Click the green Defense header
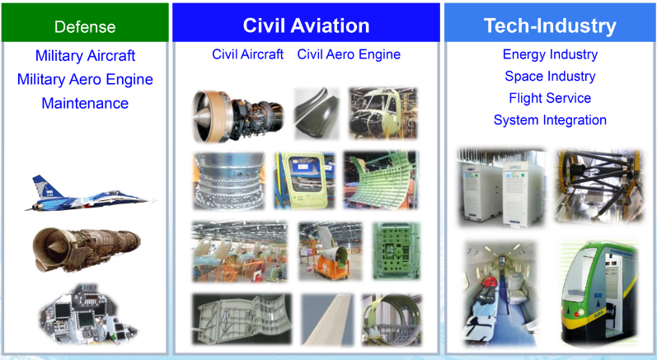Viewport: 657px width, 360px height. coord(85,22)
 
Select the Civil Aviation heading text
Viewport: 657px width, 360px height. coord(307,26)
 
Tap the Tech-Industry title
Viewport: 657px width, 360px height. coord(550,26)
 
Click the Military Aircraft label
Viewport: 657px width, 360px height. coord(85,56)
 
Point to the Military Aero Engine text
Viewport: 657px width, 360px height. coord(85,80)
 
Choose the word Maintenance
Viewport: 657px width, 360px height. coord(85,104)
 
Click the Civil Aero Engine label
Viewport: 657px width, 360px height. coord(349,54)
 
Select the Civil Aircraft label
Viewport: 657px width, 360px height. coord(247,54)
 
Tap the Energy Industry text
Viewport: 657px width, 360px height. coord(550,54)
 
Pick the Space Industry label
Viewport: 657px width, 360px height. coord(550,76)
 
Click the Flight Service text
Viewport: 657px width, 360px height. coord(550,98)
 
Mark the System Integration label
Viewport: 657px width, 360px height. coord(550,120)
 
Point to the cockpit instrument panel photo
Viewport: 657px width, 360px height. coord(88,314)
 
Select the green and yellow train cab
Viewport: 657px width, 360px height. coord(599,293)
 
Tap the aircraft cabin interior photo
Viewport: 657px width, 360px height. coord(501,294)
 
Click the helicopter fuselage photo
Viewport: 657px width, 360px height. coord(383,113)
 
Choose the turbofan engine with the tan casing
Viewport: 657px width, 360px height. coord(237,115)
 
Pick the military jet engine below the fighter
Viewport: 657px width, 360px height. coord(87,250)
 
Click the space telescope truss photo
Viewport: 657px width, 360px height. coord(599,185)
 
